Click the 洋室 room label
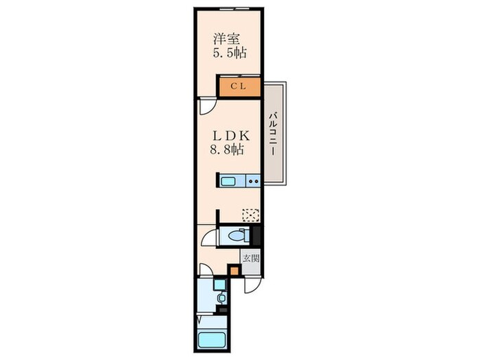point(226,39)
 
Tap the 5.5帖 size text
point(230,53)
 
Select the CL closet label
point(238,86)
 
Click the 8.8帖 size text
point(227,149)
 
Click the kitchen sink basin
point(228,181)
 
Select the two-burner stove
point(253,181)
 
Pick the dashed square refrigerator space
point(250,215)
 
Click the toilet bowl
point(237,236)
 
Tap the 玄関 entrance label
point(251,259)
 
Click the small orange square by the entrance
point(235,272)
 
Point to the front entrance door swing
point(252,285)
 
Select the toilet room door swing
point(208,237)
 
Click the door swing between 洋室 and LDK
point(207,106)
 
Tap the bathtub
point(211,339)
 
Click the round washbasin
point(220,298)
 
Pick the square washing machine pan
point(219,285)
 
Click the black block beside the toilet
point(256,236)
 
